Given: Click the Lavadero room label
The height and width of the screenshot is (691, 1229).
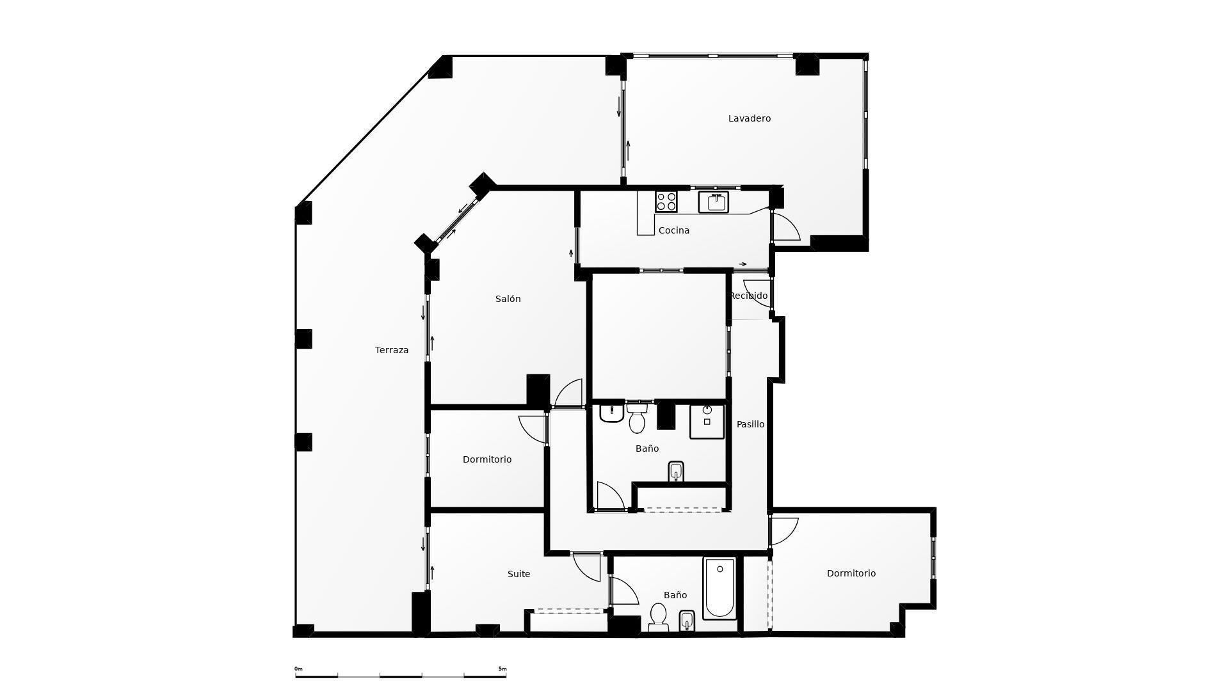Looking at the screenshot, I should [x=749, y=118].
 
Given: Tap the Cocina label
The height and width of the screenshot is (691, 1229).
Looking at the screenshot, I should [x=673, y=230].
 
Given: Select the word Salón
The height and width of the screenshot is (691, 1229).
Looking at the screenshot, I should [x=508, y=299].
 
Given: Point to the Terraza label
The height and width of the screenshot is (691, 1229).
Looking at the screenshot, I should [x=391, y=350].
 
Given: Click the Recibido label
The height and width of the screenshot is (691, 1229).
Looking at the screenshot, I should [x=748, y=296].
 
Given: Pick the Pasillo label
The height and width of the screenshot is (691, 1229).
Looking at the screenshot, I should [x=750, y=424].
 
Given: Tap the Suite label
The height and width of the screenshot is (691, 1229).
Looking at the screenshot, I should [x=518, y=574].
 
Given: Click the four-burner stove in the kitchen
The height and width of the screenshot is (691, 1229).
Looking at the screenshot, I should [x=666, y=202].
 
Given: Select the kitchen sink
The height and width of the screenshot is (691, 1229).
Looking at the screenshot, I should [x=713, y=202].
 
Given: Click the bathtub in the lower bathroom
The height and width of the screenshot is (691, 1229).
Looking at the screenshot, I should [x=719, y=587].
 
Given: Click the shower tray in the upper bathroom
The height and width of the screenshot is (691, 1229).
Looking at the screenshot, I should [x=707, y=421].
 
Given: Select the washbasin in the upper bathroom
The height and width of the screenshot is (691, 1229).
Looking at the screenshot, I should [x=611, y=413].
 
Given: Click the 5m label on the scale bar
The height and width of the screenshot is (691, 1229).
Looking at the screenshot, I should [x=502, y=669].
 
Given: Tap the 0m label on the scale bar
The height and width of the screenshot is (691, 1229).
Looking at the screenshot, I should [x=298, y=669].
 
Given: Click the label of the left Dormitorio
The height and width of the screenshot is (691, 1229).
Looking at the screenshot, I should [x=486, y=459].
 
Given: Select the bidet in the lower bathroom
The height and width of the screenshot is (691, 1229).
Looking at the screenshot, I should [x=687, y=621].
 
